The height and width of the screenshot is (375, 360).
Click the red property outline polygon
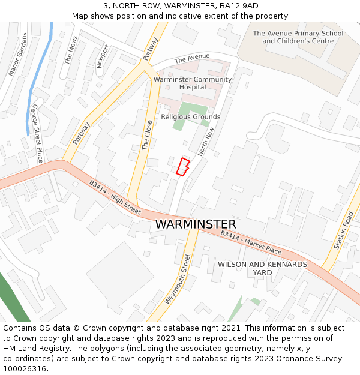(x=183, y=167)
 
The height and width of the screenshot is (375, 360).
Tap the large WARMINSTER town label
(x=196, y=224)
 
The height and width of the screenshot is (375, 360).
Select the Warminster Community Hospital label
(x=193, y=83)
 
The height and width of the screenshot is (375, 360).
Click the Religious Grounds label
(x=191, y=117)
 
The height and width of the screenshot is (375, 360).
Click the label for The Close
(x=148, y=135)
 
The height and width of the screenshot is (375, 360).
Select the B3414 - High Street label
(x=115, y=197)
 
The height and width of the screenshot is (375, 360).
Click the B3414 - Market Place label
(x=251, y=242)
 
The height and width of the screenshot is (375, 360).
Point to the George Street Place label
(x=37, y=133)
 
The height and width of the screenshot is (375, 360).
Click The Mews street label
(x=71, y=50)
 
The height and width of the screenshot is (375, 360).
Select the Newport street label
(x=103, y=56)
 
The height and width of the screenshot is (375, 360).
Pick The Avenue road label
(x=192, y=58)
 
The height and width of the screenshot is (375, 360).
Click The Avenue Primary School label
(x=298, y=37)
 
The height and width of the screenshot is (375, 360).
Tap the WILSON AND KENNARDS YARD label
(x=262, y=268)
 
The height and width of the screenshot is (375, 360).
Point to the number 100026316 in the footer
(x=25, y=369)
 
